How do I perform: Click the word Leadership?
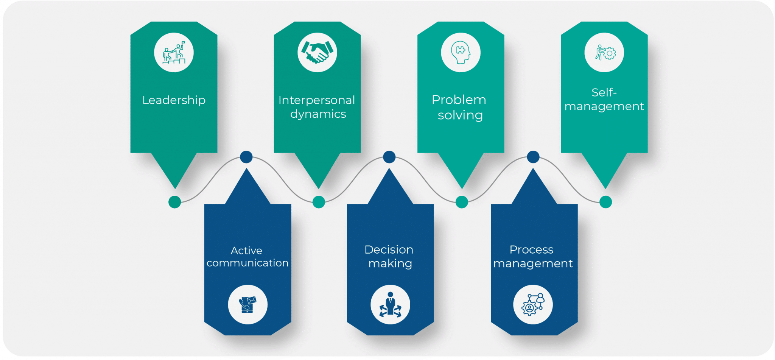pos(174,100)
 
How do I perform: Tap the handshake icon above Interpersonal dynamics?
pos(317,52)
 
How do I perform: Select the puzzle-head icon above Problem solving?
pos(461,52)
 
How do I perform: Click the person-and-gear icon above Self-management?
pos(604,52)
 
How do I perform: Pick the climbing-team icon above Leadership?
pos(174,52)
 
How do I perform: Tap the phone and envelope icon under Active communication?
pos(247,304)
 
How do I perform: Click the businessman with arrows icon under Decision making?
pos(390,304)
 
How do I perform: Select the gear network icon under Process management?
pos(533,304)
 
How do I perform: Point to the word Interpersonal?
pos(317,100)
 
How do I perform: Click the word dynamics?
pos(318,114)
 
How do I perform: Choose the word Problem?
pos(459,100)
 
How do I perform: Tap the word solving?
pos(460,115)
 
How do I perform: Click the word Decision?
pos(389,249)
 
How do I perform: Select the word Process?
pos(531,249)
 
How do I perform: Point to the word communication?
pos(247,263)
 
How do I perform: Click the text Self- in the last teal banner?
pos(604,92)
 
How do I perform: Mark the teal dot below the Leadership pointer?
pos(174,202)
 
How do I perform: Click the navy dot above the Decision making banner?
pos(389,157)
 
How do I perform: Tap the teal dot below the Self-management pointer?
pos(605,202)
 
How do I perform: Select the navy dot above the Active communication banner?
pos(246,157)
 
